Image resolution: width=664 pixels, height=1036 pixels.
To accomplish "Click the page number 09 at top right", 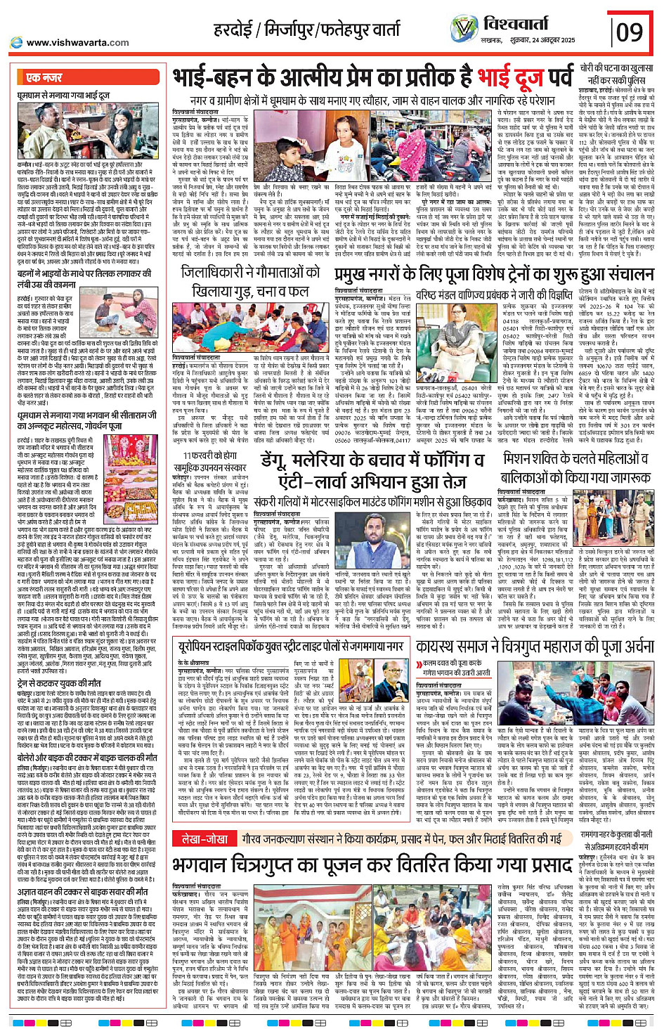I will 630,31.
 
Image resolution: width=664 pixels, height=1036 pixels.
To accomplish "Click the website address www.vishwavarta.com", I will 77,43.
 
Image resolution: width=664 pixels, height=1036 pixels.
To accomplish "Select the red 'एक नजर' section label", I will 44,77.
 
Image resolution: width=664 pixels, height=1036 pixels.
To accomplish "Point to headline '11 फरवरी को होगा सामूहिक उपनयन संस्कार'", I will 212,462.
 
